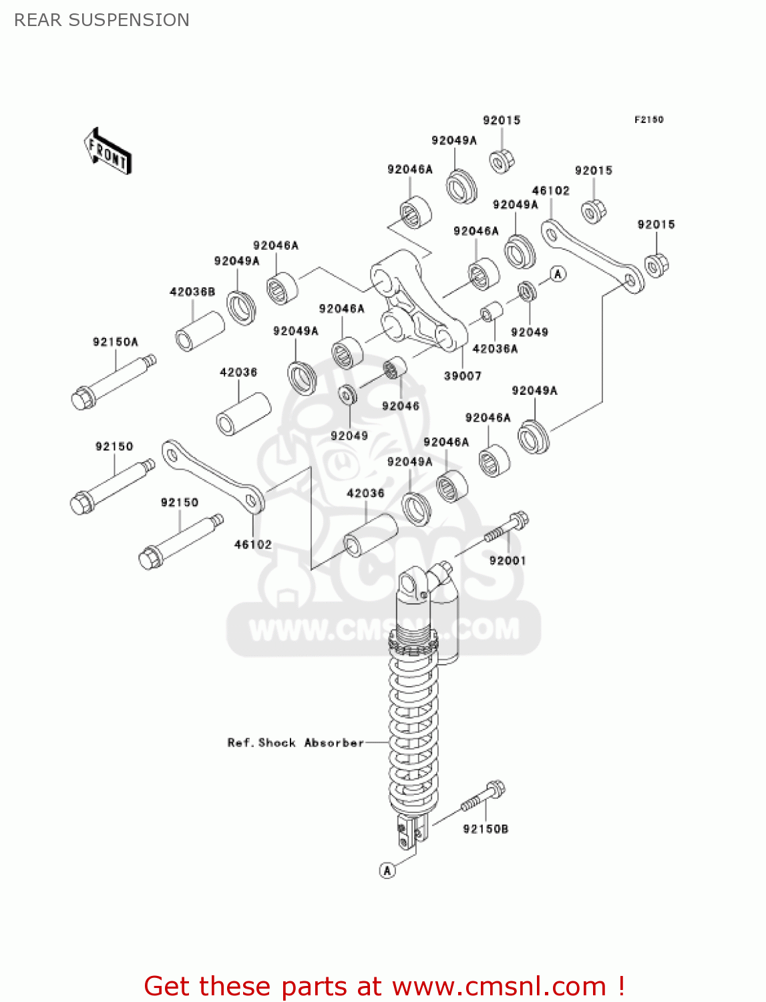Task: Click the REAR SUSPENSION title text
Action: (x=102, y=20)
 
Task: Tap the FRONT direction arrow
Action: (x=108, y=152)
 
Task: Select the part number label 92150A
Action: (x=115, y=342)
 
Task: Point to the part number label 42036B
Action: (x=192, y=292)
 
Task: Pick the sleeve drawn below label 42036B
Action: (x=199, y=331)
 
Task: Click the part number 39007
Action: (x=462, y=376)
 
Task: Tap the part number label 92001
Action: (x=508, y=560)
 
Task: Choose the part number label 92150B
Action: (x=486, y=829)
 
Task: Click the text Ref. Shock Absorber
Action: (x=295, y=743)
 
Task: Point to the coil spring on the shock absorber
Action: (x=413, y=728)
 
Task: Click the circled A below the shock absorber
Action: (x=387, y=870)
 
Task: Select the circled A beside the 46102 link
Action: (x=558, y=274)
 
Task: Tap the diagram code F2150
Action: (x=648, y=120)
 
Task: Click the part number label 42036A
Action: (x=495, y=349)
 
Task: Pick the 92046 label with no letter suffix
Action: (x=400, y=406)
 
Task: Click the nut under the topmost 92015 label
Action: (x=501, y=161)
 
